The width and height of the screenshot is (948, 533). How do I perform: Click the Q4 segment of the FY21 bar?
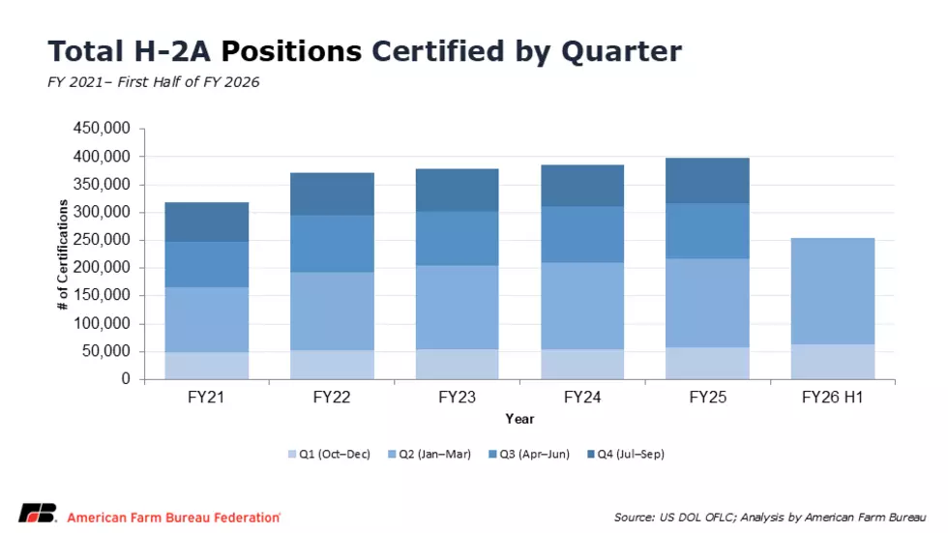tap(207, 222)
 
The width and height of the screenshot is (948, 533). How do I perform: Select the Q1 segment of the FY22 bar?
tap(332, 365)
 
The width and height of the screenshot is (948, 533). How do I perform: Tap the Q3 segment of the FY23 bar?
tap(457, 239)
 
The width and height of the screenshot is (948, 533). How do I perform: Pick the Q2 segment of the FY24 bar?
tap(582, 306)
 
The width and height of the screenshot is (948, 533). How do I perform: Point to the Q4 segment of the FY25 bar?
tap(707, 181)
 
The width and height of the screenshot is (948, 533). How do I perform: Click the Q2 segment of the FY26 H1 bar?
tap(833, 291)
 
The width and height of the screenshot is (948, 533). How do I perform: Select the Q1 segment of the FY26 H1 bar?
tap(833, 362)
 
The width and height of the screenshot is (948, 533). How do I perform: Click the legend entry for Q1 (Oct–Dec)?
tap(329, 454)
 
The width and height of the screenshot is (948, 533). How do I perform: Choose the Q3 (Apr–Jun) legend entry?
tap(529, 454)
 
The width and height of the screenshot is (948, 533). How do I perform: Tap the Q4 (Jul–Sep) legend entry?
tap(626, 454)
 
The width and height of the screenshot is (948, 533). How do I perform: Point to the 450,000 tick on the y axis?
tap(102, 128)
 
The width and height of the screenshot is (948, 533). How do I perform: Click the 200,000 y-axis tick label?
tap(102, 267)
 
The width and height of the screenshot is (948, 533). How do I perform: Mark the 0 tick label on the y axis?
tap(126, 379)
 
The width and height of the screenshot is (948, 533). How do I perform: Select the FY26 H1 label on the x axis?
tap(833, 397)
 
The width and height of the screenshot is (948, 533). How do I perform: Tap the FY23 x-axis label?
tap(457, 397)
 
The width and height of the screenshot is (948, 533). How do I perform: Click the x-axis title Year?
tap(520, 419)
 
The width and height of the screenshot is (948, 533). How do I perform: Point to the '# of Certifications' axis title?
tap(62, 254)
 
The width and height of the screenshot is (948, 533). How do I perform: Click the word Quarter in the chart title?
tap(621, 51)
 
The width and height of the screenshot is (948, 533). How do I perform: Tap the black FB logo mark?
tap(38, 513)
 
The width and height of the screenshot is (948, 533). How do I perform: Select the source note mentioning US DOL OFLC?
tap(770, 518)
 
